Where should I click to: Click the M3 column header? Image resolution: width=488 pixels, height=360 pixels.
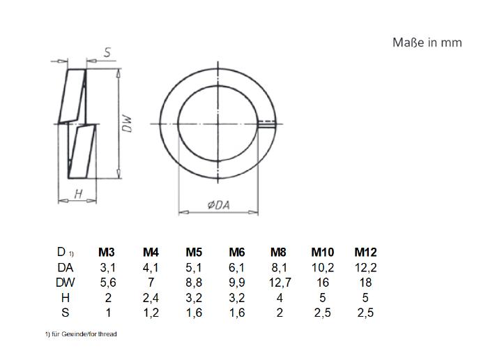[107, 252]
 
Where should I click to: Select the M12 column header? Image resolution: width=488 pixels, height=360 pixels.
[365, 252]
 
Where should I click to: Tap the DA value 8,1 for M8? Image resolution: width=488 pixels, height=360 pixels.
[279, 267]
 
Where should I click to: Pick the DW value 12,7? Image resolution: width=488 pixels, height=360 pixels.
[280, 283]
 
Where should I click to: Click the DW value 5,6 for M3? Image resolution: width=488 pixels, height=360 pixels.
[108, 283]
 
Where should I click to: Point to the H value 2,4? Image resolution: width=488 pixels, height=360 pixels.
[151, 298]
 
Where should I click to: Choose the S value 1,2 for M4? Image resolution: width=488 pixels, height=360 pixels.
[151, 313]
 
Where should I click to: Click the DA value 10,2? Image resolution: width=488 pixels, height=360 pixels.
[323, 267]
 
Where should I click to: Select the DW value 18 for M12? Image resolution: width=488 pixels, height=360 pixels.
[366, 283]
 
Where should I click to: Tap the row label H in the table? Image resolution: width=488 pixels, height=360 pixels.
[66, 298]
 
